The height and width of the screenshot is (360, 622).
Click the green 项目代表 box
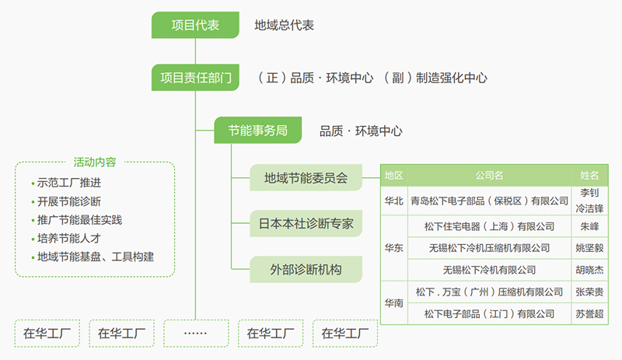tap(195, 25)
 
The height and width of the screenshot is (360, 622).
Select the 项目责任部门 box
tap(195, 78)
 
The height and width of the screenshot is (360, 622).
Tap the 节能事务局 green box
tap(257, 131)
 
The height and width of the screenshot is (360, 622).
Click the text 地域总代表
tap(284, 26)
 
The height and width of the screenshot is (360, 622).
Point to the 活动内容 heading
tap(95, 163)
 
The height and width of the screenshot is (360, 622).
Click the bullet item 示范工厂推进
tap(68, 183)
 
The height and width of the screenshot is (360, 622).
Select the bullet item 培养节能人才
tap(68, 237)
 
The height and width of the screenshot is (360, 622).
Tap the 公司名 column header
tap(488, 175)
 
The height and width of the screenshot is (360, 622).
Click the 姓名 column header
tap(589, 175)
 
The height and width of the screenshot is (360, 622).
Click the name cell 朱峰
tap(589, 226)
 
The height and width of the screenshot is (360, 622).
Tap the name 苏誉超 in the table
tap(589, 314)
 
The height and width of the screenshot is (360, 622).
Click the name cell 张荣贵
tap(589, 292)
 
